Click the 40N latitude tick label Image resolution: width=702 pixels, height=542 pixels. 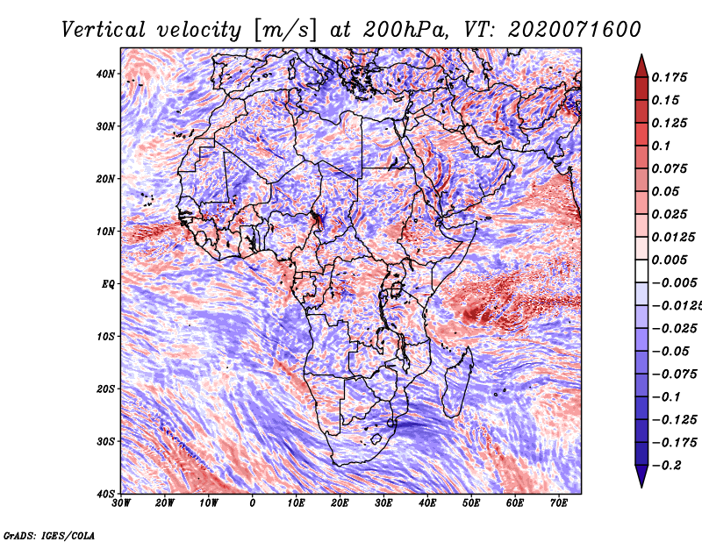[x=105, y=74]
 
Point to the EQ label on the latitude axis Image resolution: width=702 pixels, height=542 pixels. [x=108, y=284]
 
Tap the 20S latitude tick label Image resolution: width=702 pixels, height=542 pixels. [x=105, y=389]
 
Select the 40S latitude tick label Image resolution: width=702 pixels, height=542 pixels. [x=105, y=494]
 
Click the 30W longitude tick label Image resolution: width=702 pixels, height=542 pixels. [x=121, y=503]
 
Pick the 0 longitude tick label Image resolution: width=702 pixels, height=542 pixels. [x=253, y=503]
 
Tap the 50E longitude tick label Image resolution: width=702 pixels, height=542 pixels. [x=471, y=503]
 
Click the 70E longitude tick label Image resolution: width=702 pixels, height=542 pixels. [x=559, y=503]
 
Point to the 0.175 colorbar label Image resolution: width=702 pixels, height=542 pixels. [x=670, y=78]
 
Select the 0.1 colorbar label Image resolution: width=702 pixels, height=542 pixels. [x=662, y=146]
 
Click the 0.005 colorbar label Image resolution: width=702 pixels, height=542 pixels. [x=670, y=260]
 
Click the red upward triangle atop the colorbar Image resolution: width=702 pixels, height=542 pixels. [x=641, y=67]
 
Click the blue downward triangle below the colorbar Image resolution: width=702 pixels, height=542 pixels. [x=641, y=476]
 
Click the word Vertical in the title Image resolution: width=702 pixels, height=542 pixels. [x=104, y=30]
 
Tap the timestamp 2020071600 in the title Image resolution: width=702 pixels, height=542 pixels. [x=575, y=30]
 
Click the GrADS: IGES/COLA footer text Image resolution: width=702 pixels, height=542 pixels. [x=49, y=536]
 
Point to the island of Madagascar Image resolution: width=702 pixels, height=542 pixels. [x=457, y=382]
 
